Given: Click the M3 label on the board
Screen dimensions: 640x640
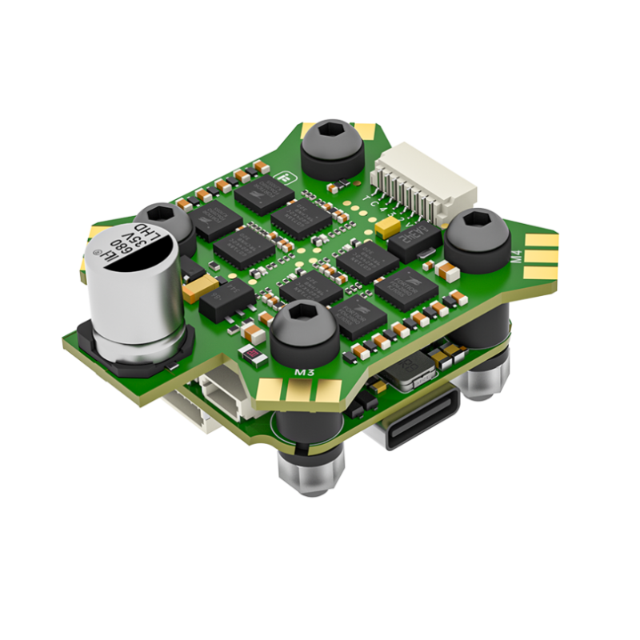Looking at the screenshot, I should click(x=303, y=372).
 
